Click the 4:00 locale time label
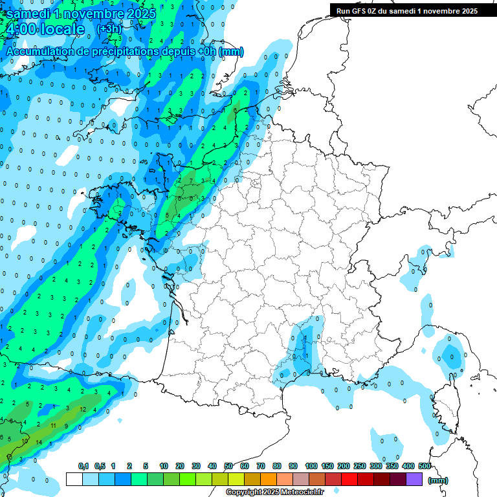coord(45,30)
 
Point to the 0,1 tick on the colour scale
coord(83,467)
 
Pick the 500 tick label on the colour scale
coord(424,467)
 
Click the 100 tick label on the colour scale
coord(311,467)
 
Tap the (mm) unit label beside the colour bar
coord(438,480)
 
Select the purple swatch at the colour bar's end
coord(415,480)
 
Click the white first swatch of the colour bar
coord(74,480)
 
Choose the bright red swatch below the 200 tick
coord(351,480)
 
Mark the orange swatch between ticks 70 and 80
coord(269,480)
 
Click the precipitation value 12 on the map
coord(83,409)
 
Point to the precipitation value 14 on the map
coord(39,442)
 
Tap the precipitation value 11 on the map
coord(54,426)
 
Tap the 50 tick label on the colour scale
coord(228,467)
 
